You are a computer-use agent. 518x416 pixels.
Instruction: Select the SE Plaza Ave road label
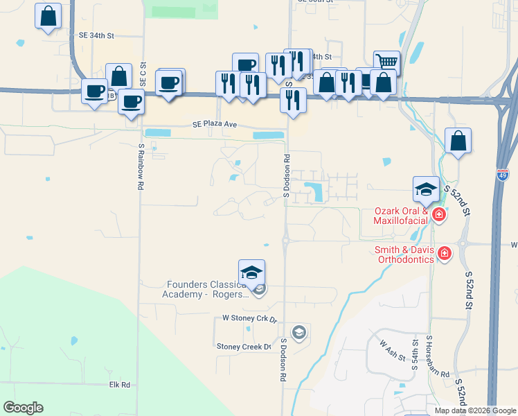[x=215, y=125]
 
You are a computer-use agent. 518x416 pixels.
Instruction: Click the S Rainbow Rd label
[x=140, y=167]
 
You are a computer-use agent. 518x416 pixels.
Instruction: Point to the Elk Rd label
[x=120, y=384]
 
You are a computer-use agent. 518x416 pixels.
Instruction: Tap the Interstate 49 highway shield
[x=503, y=175]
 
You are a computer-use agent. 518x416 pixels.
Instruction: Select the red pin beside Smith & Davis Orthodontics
[x=443, y=254]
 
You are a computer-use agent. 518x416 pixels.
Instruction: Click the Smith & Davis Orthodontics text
[x=405, y=254]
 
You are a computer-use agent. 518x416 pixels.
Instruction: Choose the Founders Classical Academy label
[x=205, y=288]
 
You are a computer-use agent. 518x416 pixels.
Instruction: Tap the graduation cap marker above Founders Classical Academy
[x=252, y=272]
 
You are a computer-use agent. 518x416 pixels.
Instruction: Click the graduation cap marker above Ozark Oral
[x=426, y=189]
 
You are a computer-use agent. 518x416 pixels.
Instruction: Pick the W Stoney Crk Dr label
[x=249, y=319]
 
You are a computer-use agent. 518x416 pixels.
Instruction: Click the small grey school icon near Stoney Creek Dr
[x=298, y=333]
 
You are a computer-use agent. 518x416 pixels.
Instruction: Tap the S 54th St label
[x=416, y=355]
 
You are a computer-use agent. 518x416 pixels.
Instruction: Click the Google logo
[x=24, y=408]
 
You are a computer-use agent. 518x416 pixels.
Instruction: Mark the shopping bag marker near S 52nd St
[x=458, y=141]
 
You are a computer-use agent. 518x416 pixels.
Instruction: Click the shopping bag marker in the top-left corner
[x=48, y=17]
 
